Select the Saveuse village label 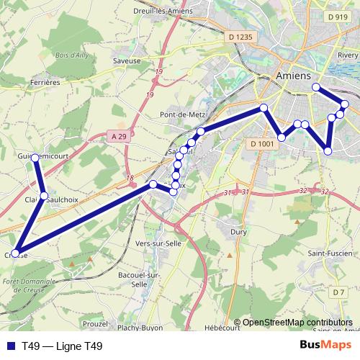coord(127,61)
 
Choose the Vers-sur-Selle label coord(158,243)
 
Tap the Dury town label coord(238,232)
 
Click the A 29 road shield coord(120,135)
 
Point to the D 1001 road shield coord(263,144)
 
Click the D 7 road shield coord(339,292)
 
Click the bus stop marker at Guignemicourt coord(35,157)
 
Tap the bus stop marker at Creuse coord(16,253)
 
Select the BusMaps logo coord(325,346)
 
